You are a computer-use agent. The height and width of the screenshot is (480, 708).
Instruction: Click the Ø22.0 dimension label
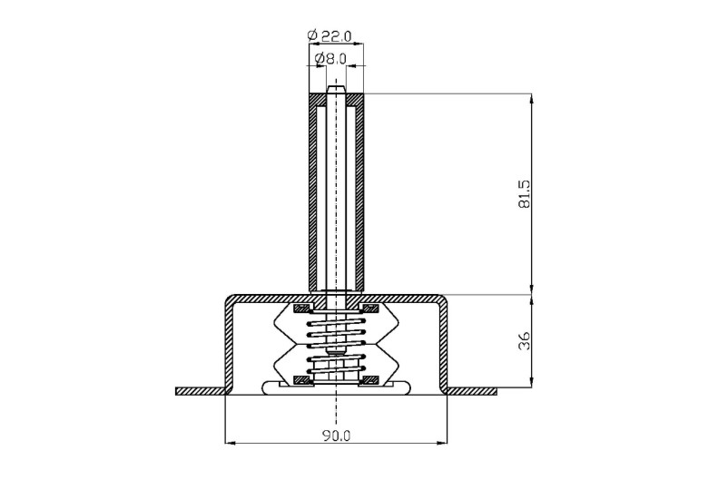(x=329, y=35)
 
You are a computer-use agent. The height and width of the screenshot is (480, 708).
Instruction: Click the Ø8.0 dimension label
(x=330, y=59)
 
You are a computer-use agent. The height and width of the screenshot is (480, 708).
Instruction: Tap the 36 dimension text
(x=525, y=341)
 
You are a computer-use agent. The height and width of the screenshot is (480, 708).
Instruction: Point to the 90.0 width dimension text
(x=336, y=436)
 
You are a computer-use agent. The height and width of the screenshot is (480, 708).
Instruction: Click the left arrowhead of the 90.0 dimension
(x=231, y=443)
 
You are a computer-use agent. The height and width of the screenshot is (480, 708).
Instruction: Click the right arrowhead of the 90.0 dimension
(x=442, y=443)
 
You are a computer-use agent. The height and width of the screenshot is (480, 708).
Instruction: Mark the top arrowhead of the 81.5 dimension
(x=531, y=99)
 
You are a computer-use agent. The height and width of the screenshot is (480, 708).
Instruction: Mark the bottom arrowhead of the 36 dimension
(x=531, y=382)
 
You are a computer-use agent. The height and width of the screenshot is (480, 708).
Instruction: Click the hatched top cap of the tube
(x=337, y=99)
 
